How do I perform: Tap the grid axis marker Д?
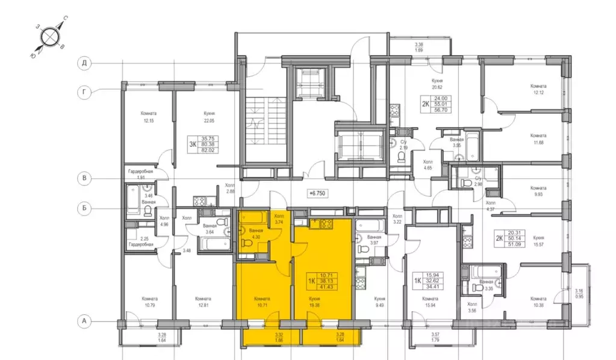(x=86, y=63)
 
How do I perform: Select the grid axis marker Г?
(x=86, y=92)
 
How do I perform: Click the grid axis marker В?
(x=86, y=178)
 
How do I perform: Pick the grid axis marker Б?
(x=86, y=208)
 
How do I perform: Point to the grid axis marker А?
(x=86, y=321)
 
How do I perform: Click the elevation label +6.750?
(x=316, y=194)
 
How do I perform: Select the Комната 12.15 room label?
(x=149, y=116)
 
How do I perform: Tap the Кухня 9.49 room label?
(x=379, y=302)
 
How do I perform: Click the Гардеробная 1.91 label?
(x=141, y=175)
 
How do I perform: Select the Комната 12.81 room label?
(x=203, y=302)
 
